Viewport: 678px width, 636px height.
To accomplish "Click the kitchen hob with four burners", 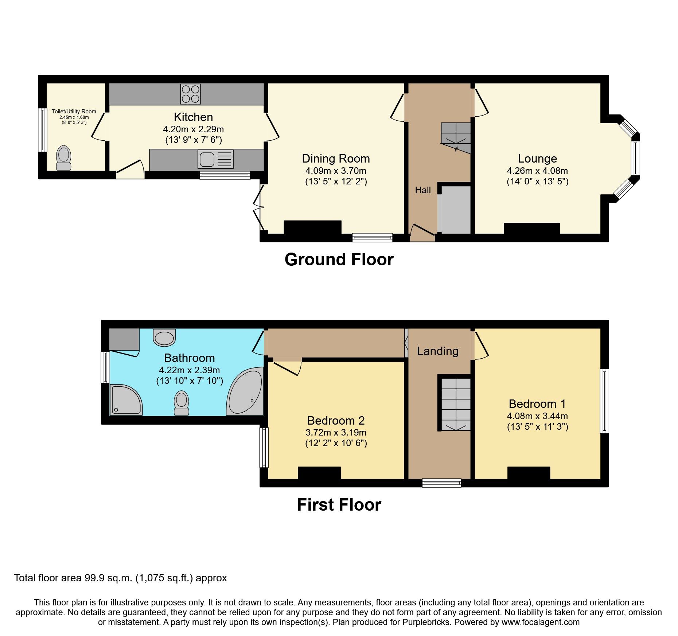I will [x=191, y=94].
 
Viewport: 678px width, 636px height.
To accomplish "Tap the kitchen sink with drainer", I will [x=215, y=160].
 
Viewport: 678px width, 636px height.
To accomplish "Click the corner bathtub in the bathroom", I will [x=245, y=392].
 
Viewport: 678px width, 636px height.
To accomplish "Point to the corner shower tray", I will [x=125, y=400].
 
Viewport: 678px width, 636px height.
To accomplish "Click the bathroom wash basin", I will [x=164, y=337].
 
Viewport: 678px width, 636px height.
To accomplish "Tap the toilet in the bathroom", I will [x=182, y=403].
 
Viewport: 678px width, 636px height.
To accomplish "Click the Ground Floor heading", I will [x=339, y=260].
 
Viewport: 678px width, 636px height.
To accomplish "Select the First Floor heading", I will [x=339, y=505].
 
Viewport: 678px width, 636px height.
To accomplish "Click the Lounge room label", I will [x=537, y=159].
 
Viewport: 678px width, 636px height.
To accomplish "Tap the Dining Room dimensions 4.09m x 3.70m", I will [x=336, y=171].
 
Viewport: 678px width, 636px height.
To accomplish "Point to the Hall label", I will [x=423, y=190].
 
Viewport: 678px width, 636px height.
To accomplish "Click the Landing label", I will [x=437, y=351].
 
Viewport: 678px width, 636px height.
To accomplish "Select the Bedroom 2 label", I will [x=336, y=421].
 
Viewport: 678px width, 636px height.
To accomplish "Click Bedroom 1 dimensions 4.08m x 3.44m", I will [x=537, y=416].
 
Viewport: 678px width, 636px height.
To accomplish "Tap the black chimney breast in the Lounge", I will [x=531, y=229].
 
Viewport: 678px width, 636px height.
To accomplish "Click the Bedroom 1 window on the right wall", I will [x=604, y=401].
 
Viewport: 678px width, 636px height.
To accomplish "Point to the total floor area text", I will [x=120, y=578].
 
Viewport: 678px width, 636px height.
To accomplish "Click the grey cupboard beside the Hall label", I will [x=455, y=210].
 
